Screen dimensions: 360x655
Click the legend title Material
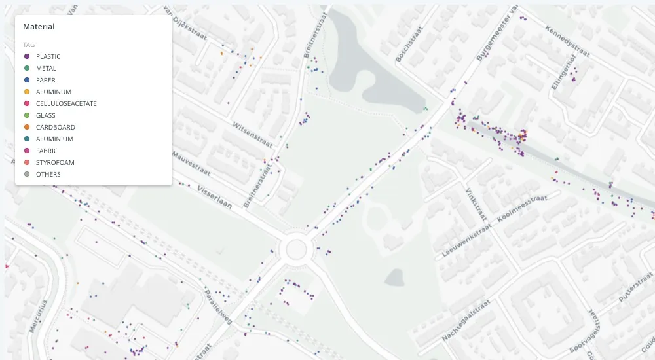tap(39, 27)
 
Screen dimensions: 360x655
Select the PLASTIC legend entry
tap(48, 56)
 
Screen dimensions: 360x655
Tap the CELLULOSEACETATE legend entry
tap(66, 103)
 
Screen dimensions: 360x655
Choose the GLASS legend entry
tap(45, 115)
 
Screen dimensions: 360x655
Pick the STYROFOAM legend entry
tap(55, 162)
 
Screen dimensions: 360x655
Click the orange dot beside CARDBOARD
tap(27, 127)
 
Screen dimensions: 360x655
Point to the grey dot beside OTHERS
tap(27, 174)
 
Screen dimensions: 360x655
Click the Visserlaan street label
tap(215, 194)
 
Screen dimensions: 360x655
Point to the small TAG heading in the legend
tap(28, 45)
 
